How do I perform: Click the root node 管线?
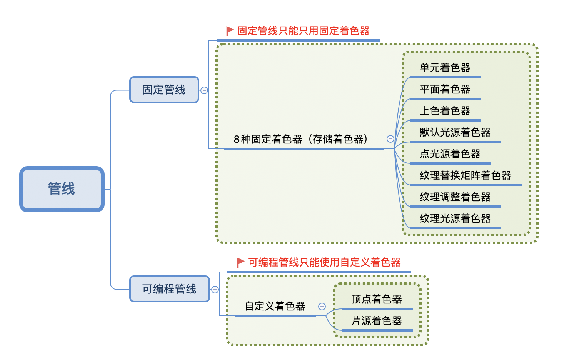click(x=62, y=189)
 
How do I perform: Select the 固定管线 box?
click(x=164, y=90)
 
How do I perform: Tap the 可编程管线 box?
click(x=169, y=289)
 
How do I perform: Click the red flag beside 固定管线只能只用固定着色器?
click(x=230, y=31)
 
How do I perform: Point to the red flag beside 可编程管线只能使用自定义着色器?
click(x=241, y=262)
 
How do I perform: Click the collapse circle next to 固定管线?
click(x=204, y=90)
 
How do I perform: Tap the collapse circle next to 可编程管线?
click(x=215, y=290)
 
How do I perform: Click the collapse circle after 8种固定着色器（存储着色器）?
click(x=390, y=139)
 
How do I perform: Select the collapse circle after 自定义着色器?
click(x=322, y=307)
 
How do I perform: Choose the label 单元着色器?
click(x=445, y=68)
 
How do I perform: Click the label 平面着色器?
click(x=445, y=90)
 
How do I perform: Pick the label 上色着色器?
click(x=445, y=111)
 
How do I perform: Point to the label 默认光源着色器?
click(x=455, y=133)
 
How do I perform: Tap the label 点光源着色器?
click(x=450, y=154)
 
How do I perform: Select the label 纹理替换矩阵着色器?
click(x=465, y=176)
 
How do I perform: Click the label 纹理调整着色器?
click(x=455, y=197)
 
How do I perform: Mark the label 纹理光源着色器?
click(x=455, y=219)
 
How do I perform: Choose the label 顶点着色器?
click(x=377, y=299)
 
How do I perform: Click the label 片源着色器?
click(x=377, y=321)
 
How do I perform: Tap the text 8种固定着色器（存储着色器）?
click(x=301, y=139)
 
